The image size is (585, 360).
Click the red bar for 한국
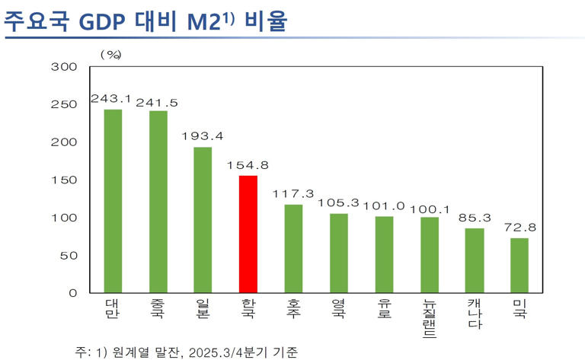point(248,234)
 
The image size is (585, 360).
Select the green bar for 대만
point(113,201)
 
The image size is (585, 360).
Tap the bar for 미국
point(519,265)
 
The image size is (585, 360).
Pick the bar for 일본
point(203,219)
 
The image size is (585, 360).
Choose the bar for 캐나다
point(475,260)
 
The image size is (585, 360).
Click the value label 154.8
point(248,164)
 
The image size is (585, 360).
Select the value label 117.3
point(293,193)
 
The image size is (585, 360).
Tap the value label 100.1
point(430,206)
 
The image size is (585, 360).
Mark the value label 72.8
point(519,227)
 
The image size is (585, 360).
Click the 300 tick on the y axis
point(64,67)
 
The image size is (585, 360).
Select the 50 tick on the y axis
point(69,255)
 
